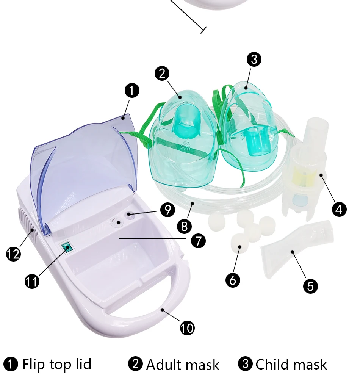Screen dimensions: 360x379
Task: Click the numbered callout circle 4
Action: point(339,209)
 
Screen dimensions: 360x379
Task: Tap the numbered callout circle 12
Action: point(13,254)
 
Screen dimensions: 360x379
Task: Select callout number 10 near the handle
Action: point(187,328)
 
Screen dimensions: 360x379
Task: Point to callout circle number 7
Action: point(198,241)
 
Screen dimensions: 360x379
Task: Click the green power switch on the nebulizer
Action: point(67,247)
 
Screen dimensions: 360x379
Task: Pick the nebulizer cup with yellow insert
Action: point(305,169)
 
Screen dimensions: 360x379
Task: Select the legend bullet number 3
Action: point(245,364)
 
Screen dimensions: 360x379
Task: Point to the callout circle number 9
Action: point(167,210)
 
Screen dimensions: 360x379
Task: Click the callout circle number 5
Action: point(310,286)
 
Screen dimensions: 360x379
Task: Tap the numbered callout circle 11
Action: point(32,281)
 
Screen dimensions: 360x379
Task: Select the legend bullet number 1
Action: point(11,364)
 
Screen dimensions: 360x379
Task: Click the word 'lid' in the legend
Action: point(83,363)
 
